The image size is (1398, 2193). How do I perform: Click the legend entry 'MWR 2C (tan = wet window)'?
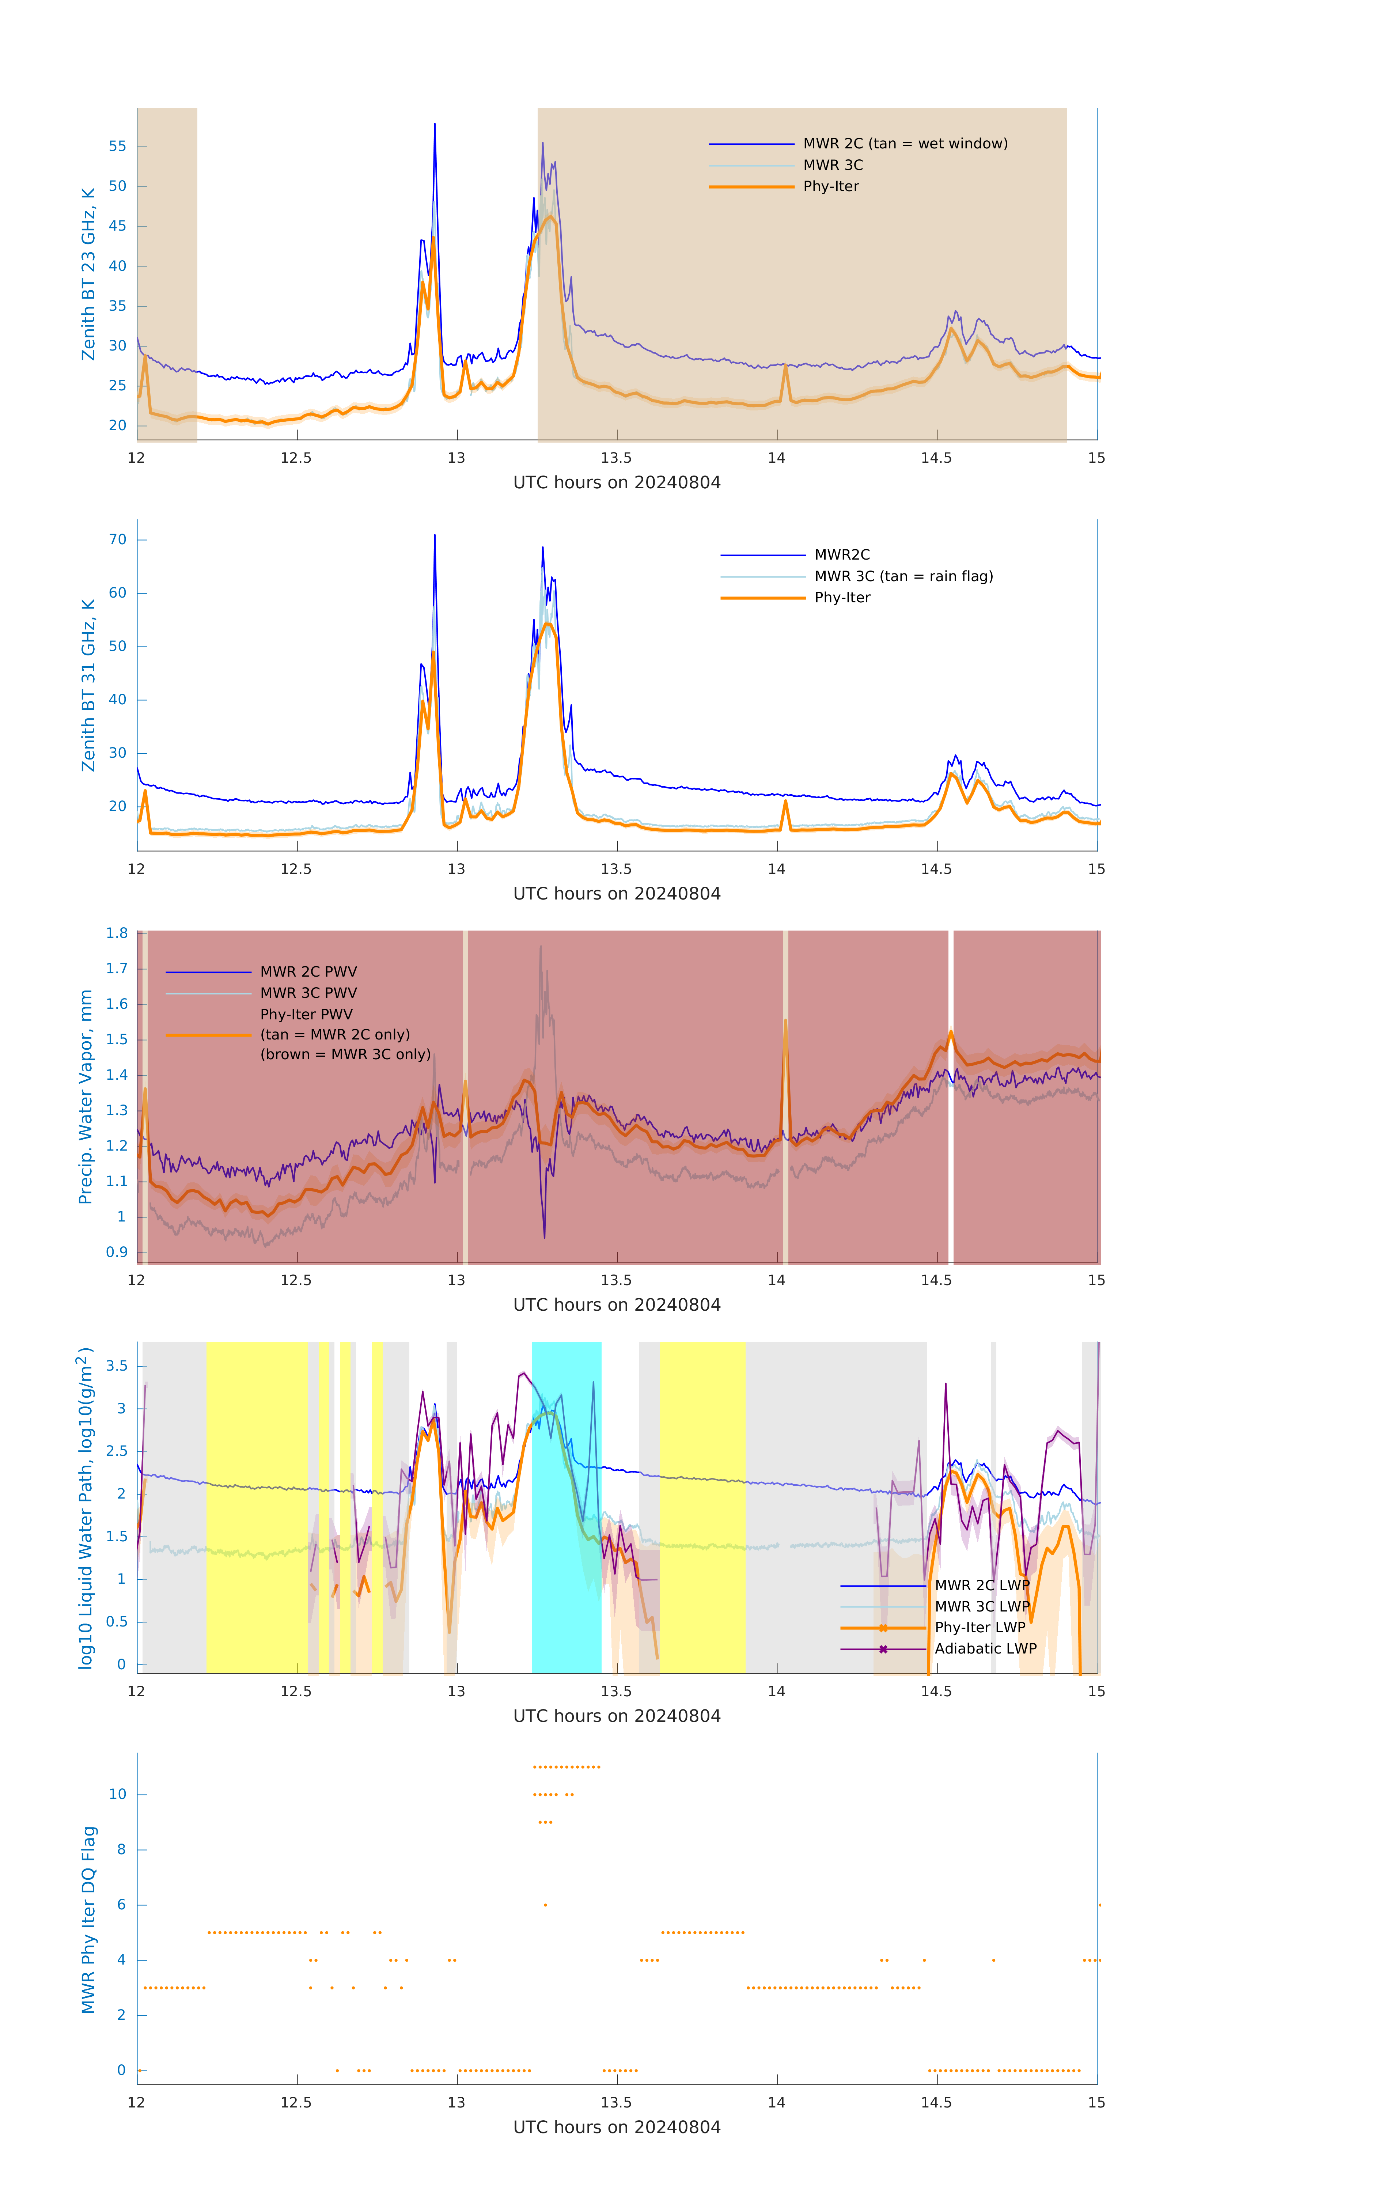[x=904, y=144]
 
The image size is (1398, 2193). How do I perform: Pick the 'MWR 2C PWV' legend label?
[x=308, y=972]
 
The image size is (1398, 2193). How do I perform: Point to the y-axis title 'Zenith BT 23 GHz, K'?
[x=88, y=274]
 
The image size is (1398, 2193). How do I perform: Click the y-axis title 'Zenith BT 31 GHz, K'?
[x=88, y=685]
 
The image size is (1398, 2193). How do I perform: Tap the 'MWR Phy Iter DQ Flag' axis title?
[x=88, y=1919]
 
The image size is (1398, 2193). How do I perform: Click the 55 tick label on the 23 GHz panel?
[x=117, y=147]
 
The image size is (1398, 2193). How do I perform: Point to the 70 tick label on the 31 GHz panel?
[x=117, y=540]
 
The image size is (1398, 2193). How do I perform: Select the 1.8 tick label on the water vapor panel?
[x=117, y=933]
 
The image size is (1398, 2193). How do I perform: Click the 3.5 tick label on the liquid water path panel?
[x=117, y=1366]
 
